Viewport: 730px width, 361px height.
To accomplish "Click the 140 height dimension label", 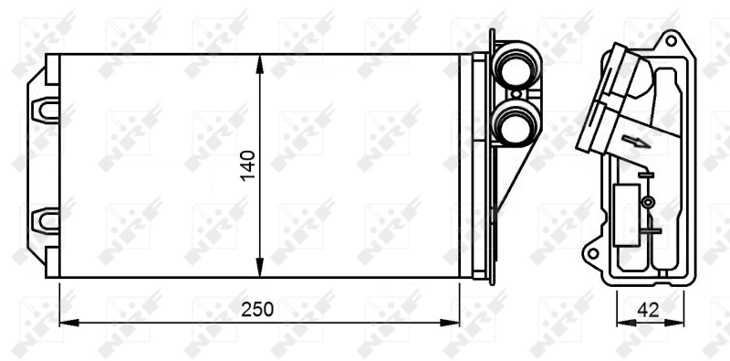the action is [247, 165].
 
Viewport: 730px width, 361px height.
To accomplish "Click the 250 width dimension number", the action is [257, 310].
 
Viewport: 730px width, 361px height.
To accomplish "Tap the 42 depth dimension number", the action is [648, 310].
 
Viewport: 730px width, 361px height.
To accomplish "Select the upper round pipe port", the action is [516, 65].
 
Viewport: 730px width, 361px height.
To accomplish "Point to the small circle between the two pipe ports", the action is [516, 94].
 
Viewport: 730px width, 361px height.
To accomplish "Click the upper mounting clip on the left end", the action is [45, 111].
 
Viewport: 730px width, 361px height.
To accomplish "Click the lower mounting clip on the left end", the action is [45, 220].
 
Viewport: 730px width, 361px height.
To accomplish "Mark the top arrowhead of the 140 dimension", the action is [260, 64].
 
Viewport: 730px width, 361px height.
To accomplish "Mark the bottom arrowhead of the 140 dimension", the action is [260, 267].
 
